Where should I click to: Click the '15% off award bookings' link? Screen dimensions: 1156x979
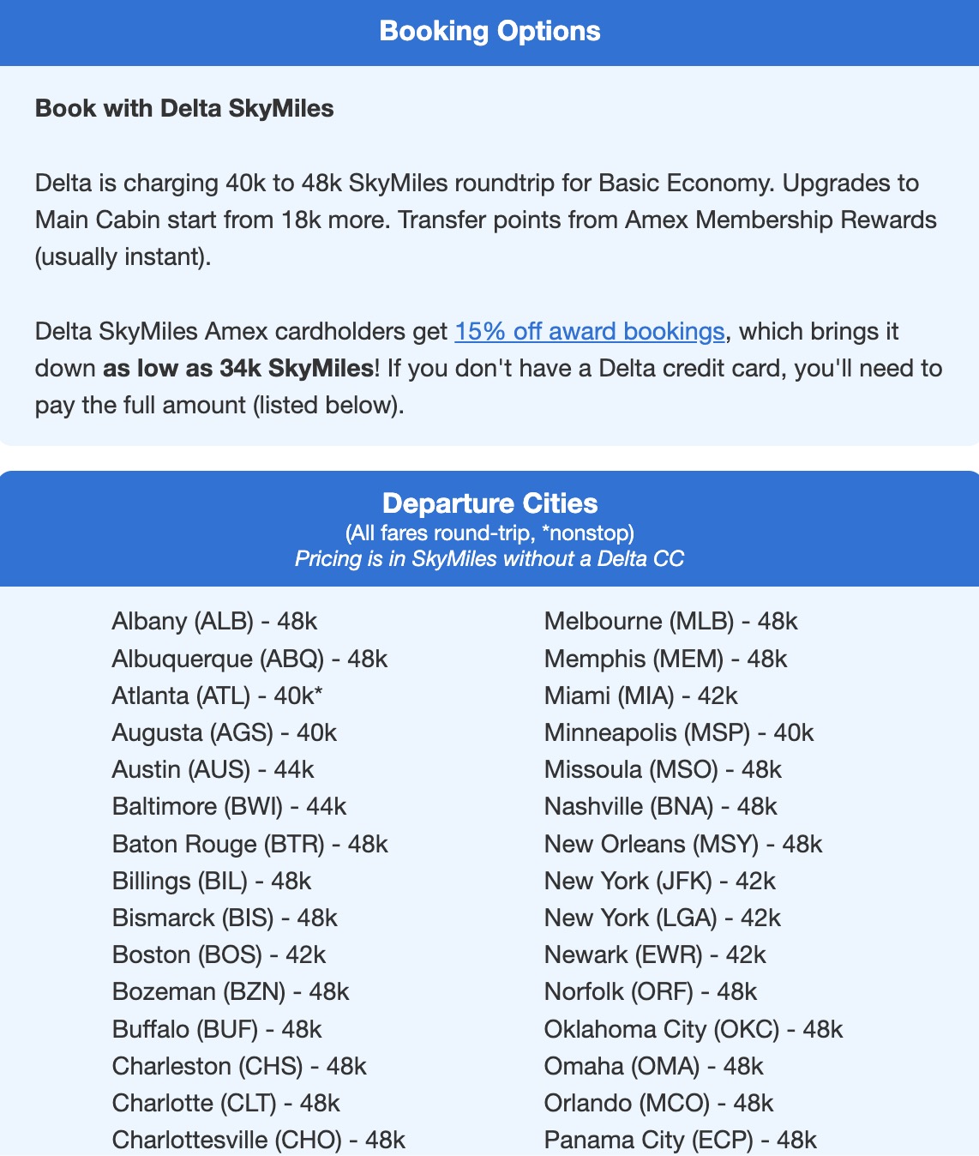[590, 331]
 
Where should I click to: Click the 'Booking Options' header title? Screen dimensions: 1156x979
[489, 31]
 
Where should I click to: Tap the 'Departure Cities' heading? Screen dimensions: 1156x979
[489, 503]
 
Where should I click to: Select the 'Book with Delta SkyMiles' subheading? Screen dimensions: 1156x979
[184, 108]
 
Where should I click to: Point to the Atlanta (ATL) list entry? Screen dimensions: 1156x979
[217, 695]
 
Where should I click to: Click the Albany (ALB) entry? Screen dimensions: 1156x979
[214, 621]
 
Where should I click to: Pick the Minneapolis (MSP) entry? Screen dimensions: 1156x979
[678, 732]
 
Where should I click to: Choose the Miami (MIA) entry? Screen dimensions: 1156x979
[640, 695]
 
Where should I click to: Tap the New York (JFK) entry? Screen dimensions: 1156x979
[659, 881]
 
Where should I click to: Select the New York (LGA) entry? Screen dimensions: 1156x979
[662, 918]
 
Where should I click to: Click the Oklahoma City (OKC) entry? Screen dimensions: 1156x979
[693, 1029]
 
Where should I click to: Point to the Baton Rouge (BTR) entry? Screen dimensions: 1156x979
[249, 844]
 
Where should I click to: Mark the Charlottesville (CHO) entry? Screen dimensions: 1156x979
[258, 1140]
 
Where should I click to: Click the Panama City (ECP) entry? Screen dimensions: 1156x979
[680, 1140]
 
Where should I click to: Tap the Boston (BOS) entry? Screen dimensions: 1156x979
[219, 954]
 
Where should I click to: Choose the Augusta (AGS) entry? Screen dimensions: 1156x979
[224, 732]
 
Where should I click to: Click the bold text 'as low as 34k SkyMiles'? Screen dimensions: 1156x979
[238, 368]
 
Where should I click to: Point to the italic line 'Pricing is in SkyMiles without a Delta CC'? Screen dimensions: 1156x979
[489, 559]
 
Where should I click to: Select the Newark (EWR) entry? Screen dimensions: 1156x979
[654, 954]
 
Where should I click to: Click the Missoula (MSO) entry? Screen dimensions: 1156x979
[663, 769]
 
